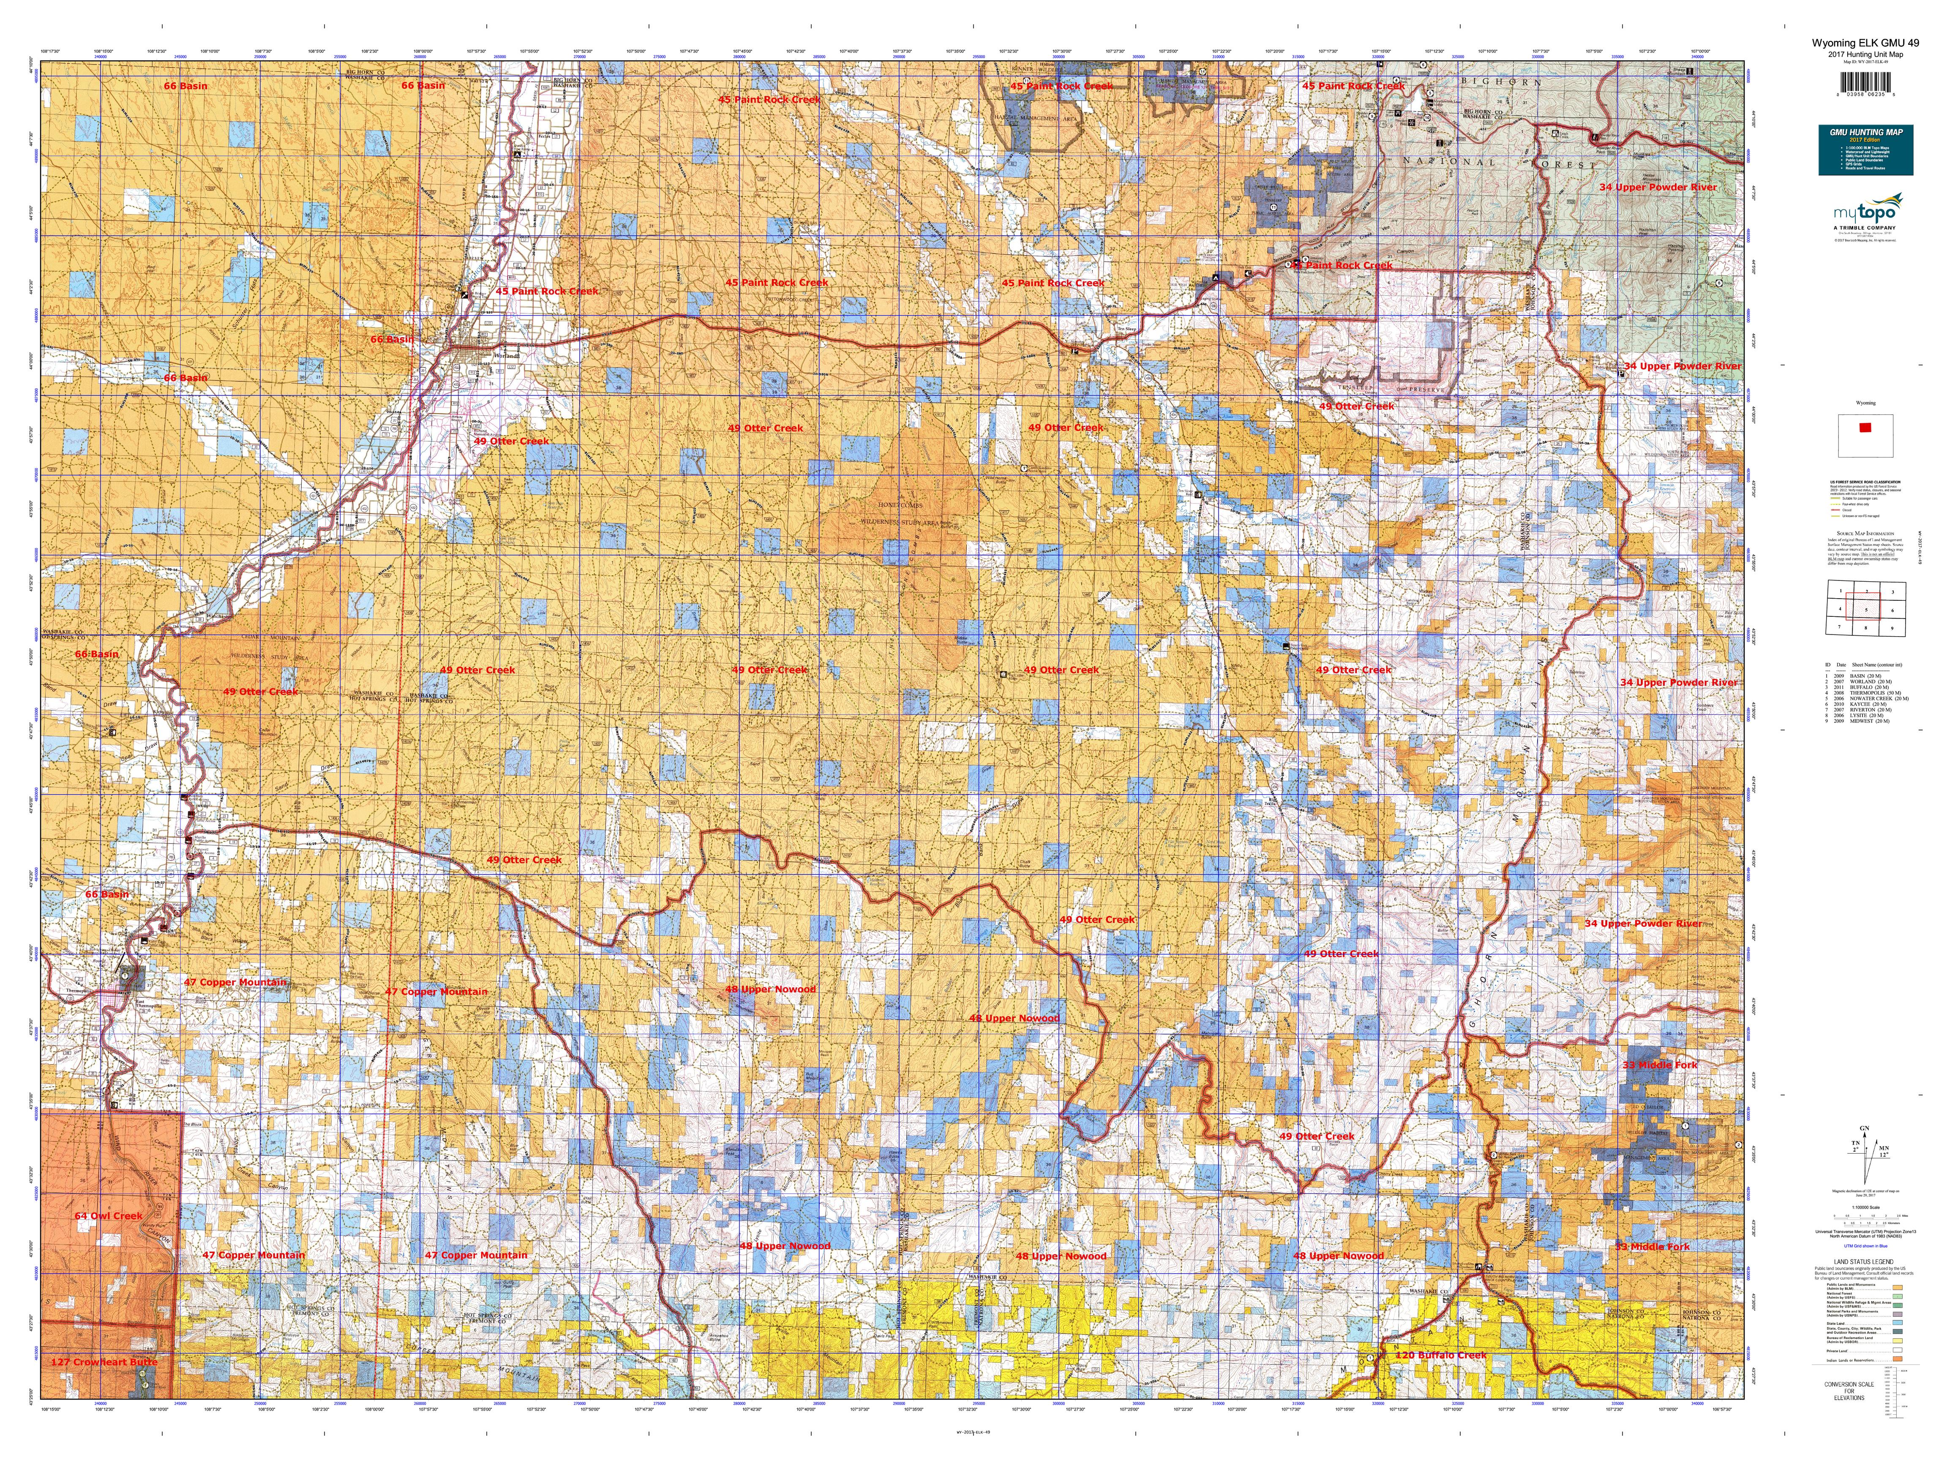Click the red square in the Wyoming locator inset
click(x=1864, y=428)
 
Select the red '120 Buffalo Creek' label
click(x=1440, y=1355)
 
